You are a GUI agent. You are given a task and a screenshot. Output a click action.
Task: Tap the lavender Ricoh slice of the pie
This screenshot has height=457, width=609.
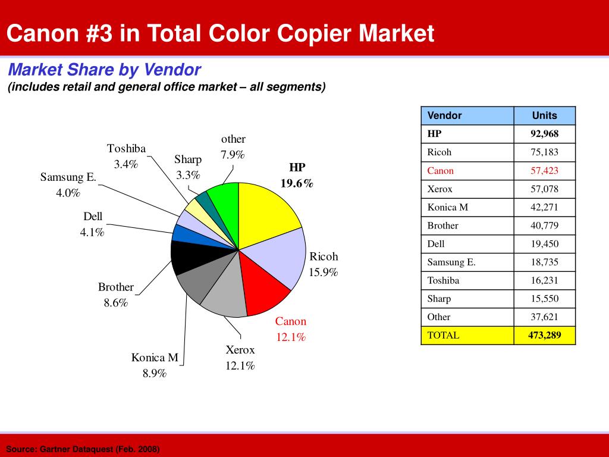tap(280, 256)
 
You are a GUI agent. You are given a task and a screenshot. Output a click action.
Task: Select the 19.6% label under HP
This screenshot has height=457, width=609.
tap(297, 183)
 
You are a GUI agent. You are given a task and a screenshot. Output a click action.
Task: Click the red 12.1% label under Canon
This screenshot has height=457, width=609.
tap(290, 337)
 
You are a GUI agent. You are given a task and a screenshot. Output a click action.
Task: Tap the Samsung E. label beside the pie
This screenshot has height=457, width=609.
tap(68, 177)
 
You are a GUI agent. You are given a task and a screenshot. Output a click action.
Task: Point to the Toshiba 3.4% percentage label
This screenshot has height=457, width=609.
tap(126, 164)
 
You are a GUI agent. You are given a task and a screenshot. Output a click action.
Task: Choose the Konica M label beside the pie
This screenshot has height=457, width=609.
tap(155, 358)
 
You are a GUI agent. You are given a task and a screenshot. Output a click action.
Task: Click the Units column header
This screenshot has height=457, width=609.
tap(544, 115)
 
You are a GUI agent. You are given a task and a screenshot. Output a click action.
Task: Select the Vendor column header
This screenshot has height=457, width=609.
tap(445, 115)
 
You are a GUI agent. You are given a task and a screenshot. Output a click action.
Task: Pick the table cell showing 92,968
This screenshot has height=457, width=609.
tap(544, 134)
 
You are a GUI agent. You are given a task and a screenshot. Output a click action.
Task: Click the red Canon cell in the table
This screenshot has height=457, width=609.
tap(441, 171)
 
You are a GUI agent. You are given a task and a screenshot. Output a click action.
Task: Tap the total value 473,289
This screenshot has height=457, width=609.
tap(544, 335)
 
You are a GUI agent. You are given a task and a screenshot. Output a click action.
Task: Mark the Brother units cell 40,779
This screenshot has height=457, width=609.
tap(544, 226)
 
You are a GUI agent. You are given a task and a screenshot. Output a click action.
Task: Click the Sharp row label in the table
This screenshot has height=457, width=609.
tap(440, 299)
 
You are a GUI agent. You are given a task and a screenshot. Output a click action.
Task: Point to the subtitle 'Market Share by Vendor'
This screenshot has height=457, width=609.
tap(105, 70)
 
